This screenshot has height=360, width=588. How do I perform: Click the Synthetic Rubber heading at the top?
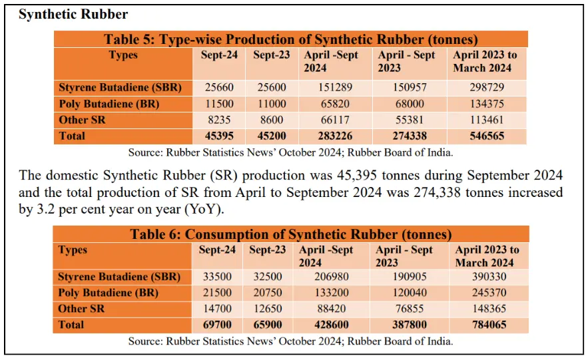(64, 14)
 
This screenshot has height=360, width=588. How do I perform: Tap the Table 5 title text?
(291, 39)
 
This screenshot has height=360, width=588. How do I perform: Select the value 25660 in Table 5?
(219, 88)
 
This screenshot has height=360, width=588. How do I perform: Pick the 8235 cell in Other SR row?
(219, 120)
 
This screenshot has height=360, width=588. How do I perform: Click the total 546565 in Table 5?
(482, 136)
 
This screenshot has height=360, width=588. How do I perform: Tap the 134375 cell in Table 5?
(482, 104)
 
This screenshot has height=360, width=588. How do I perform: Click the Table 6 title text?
(291, 234)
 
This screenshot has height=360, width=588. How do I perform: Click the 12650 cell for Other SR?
(267, 309)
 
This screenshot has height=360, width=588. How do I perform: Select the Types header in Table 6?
(73, 250)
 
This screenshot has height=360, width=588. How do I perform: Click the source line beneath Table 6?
(291, 341)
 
